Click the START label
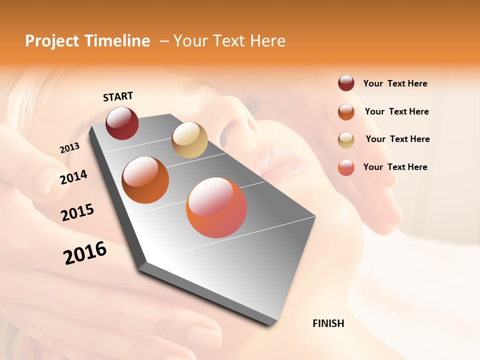click(118, 96)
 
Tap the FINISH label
click(328, 323)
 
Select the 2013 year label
click(70, 148)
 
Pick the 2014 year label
click(74, 177)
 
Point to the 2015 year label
click(77, 212)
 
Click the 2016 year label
click(85, 253)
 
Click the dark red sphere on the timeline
click(122, 123)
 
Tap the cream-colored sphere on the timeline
click(189, 140)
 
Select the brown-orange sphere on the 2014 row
click(145, 180)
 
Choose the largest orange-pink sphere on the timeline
click(216, 207)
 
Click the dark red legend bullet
click(346, 83)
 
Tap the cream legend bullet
click(346, 140)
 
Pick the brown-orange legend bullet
click(346, 112)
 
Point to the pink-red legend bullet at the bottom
click(346, 168)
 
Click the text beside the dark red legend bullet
click(395, 83)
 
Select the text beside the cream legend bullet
click(397, 139)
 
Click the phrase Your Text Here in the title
click(229, 41)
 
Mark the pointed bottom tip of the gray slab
click(270, 324)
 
